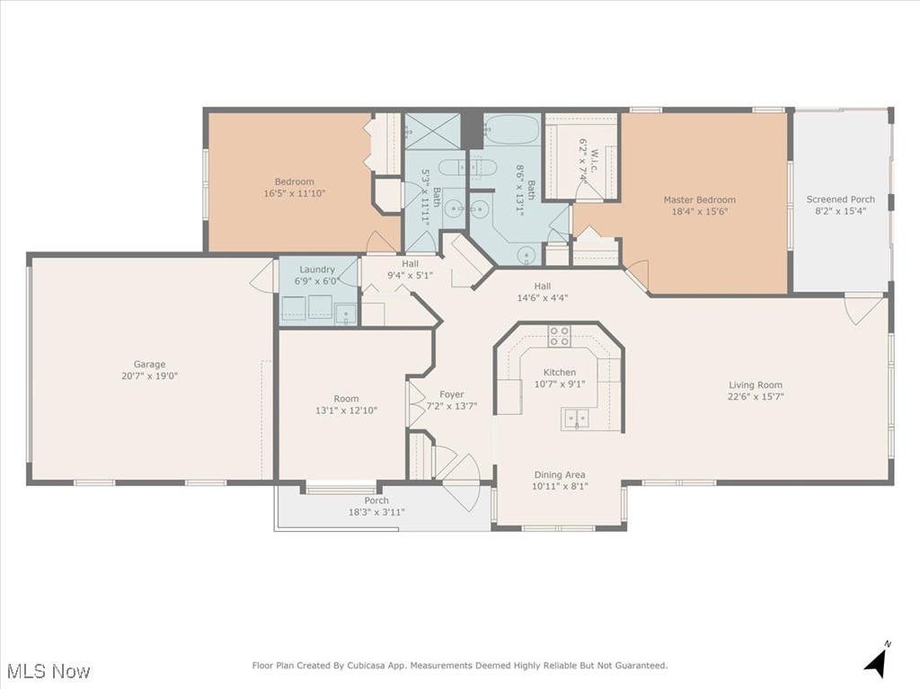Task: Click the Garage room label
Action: click(150, 364)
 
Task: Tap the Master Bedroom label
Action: click(699, 199)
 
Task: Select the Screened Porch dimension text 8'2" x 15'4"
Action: click(841, 211)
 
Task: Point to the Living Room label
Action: click(756, 385)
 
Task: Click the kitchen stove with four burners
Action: click(559, 336)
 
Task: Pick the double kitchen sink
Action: click(576, 419)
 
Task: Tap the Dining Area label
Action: click(560, 475)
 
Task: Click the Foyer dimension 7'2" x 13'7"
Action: click(452, 405)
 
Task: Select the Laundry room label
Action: click(317, 269)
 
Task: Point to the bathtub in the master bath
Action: click(511, 129)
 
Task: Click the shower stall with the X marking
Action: click(433, 131)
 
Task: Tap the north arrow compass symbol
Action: click(875, 658)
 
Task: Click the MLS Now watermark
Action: click(49, 671)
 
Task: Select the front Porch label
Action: click(376, 500)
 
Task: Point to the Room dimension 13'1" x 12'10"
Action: click(346, 411)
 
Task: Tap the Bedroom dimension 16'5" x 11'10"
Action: click(295, 193)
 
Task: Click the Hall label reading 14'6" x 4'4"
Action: click(543, 297)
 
